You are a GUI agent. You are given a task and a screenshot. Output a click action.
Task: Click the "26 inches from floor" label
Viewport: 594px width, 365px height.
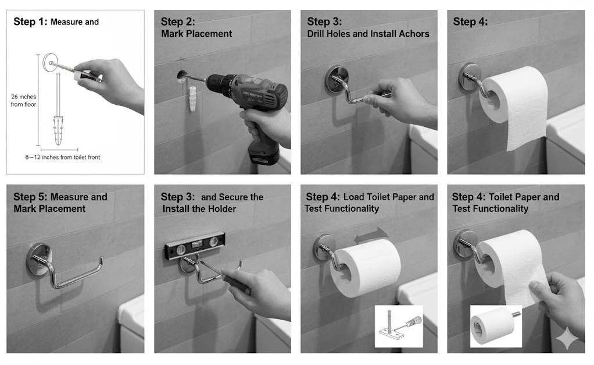(x=23, y=101)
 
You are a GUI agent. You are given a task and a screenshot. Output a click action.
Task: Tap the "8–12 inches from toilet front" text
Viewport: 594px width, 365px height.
(x=63, y=157)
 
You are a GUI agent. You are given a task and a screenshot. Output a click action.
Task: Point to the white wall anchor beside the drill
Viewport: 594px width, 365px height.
(x=192, y=98)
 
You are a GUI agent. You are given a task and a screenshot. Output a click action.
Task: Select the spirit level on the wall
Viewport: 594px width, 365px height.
(x=195, y=246)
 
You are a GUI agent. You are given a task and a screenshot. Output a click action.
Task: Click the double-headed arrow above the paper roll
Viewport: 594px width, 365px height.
(x=371, y=235)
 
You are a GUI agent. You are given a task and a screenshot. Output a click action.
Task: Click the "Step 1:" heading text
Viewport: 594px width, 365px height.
(x=30, y=22)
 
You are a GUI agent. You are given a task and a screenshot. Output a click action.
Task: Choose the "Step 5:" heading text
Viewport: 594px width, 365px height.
(x=30, y=197)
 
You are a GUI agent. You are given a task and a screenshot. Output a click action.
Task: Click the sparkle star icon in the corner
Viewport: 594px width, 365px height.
(x=567, y=338)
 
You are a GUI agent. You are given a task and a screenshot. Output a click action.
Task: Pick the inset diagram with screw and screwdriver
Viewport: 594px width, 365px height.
(x=399, y=327)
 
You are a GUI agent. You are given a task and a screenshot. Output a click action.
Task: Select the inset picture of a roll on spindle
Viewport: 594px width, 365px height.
(x=496, y=327)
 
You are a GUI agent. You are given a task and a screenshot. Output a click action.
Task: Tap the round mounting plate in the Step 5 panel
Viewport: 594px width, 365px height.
(x=38, y=259)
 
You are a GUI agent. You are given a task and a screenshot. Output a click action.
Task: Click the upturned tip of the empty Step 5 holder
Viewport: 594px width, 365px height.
(x=101, y=259)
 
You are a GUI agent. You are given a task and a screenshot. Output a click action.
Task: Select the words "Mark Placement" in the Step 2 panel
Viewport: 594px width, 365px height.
(x=196, y=34)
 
